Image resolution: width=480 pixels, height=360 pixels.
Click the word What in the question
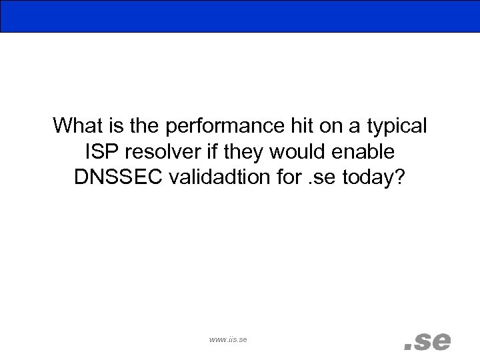tap(77, 125)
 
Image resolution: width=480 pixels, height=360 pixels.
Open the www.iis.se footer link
tap(228, 340)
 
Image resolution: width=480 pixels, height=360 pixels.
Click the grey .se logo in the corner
tap(427, 341)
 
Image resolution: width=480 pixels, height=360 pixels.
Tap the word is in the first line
tap(113, 125)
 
